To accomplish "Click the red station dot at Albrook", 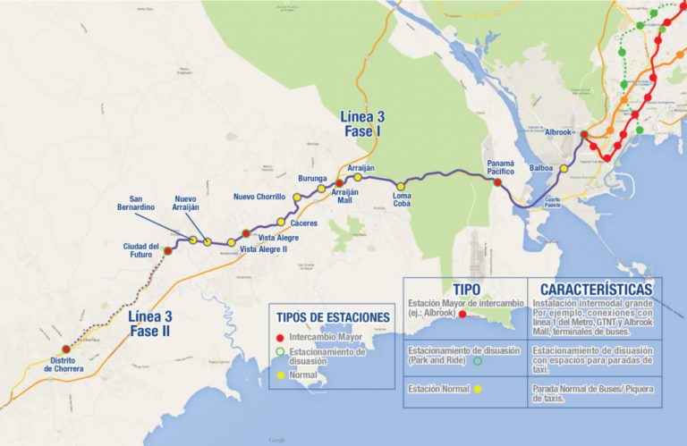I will (584, 136).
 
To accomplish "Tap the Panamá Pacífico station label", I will (500, 168).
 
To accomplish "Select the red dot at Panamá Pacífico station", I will (497, 181).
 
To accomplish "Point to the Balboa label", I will (541, 168).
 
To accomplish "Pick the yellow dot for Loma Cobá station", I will (400, 186).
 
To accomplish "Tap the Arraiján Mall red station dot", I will (339, 183).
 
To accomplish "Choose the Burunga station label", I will (312, 179).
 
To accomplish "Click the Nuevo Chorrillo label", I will (259, 197).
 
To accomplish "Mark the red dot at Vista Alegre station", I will (246, 233).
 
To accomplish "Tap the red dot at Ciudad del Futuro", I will (167, 251).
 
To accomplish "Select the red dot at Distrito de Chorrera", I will (65, 349).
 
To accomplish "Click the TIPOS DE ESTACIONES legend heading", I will (333, 317).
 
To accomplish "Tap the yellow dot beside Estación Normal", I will (479, 389).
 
